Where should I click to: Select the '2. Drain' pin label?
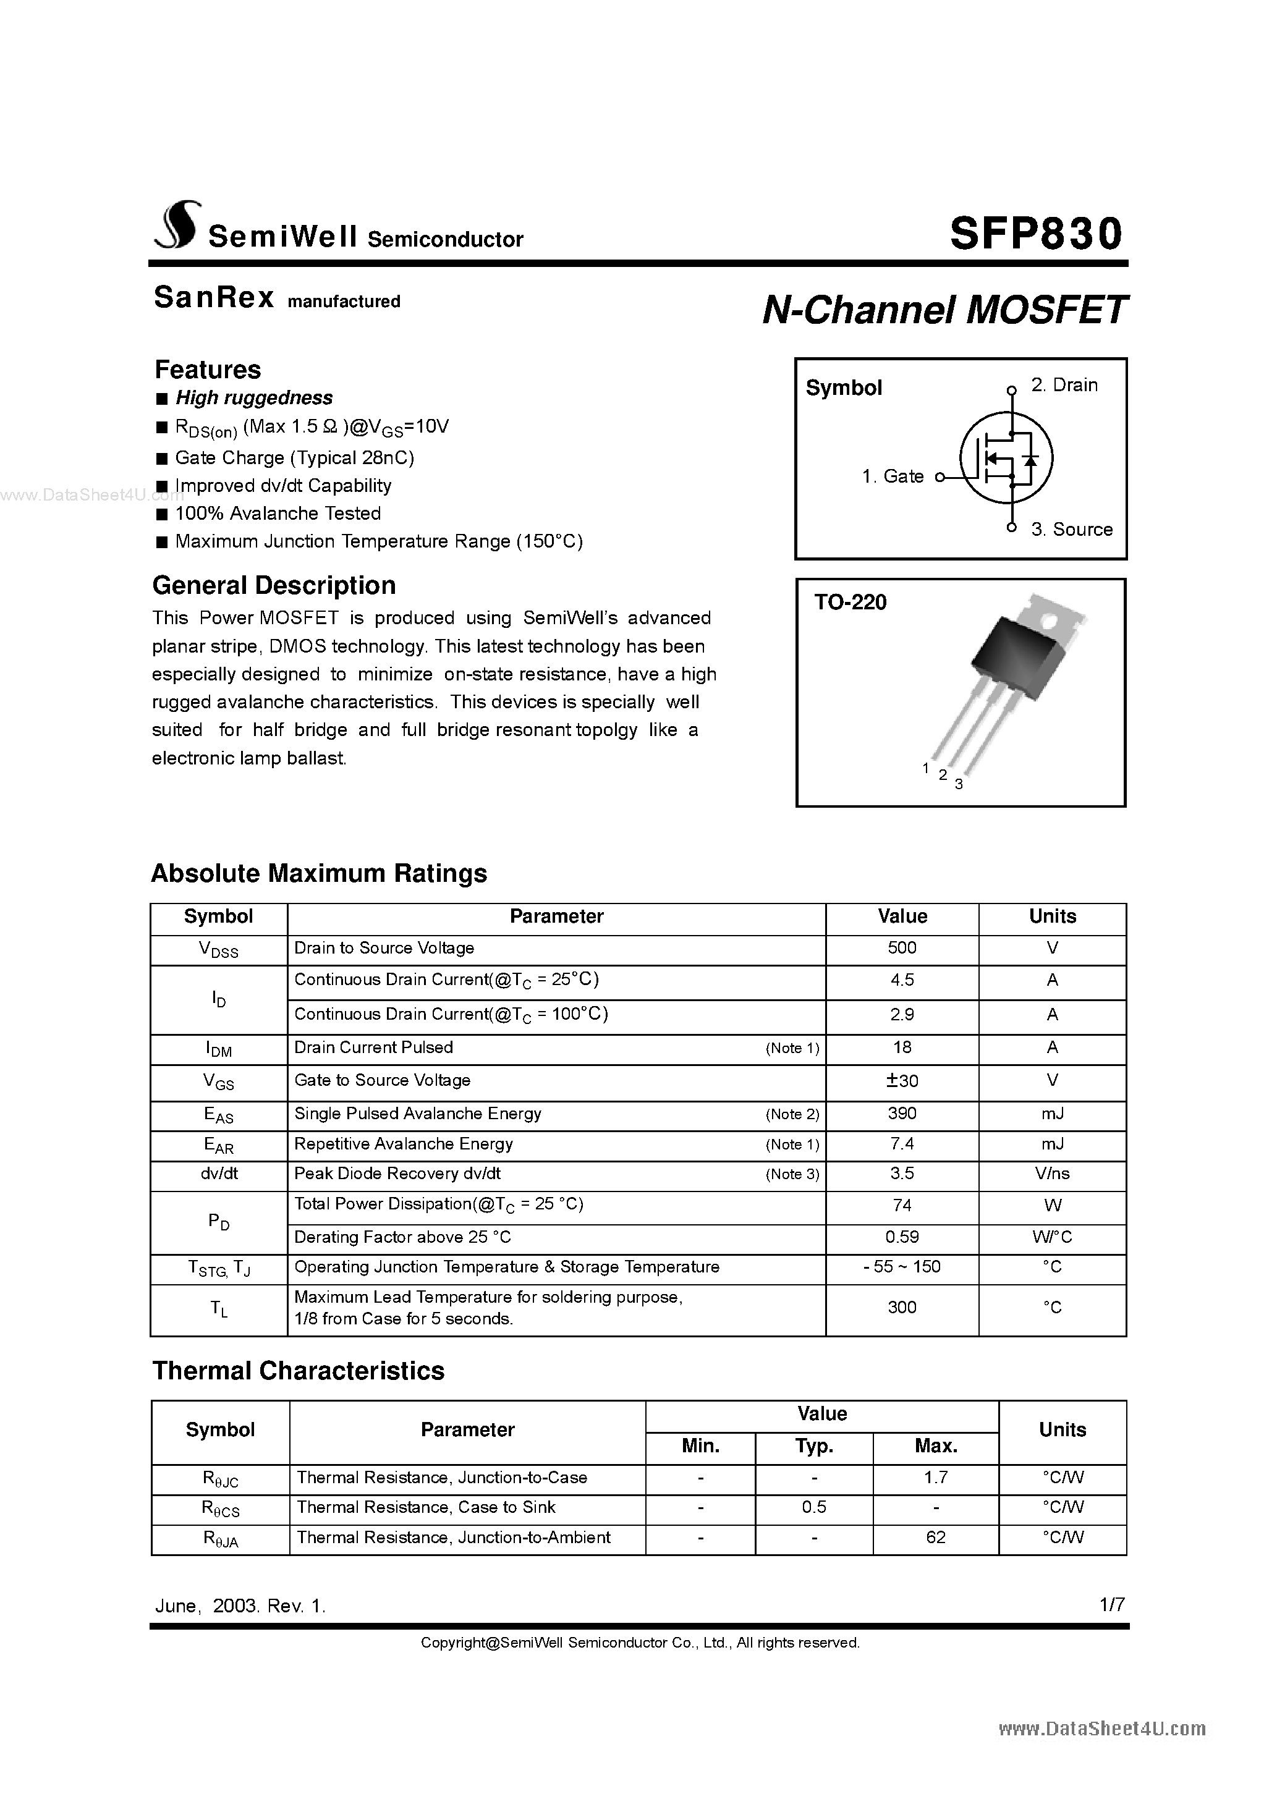[1064, 385]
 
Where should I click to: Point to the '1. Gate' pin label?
[892, 476]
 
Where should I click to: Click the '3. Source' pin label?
[1072, 530]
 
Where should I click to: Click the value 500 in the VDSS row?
[901, 947]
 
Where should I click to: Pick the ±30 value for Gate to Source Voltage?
[901, 1081]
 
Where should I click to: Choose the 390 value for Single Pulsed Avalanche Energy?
[901, 1114]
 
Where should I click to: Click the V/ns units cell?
[1052, 1174]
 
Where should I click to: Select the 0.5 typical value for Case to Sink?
[813, 1507]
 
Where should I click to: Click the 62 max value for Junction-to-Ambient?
[935, 1537]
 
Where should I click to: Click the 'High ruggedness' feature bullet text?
[253, 397]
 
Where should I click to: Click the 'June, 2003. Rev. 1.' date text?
[239, 1606]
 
